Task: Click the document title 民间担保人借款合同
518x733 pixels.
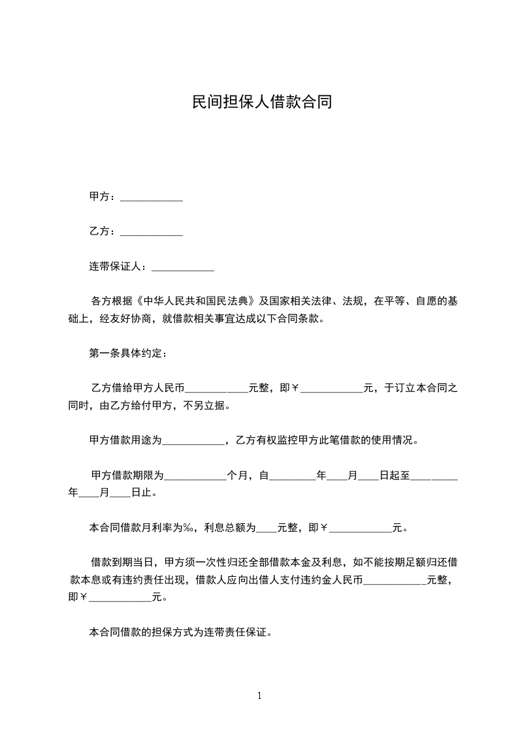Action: (x=259, y=103)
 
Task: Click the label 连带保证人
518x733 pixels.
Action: (x=116, y=267)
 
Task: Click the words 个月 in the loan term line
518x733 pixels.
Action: (x=237, y=476)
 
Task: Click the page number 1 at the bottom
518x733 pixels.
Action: (x=259, y=696)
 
